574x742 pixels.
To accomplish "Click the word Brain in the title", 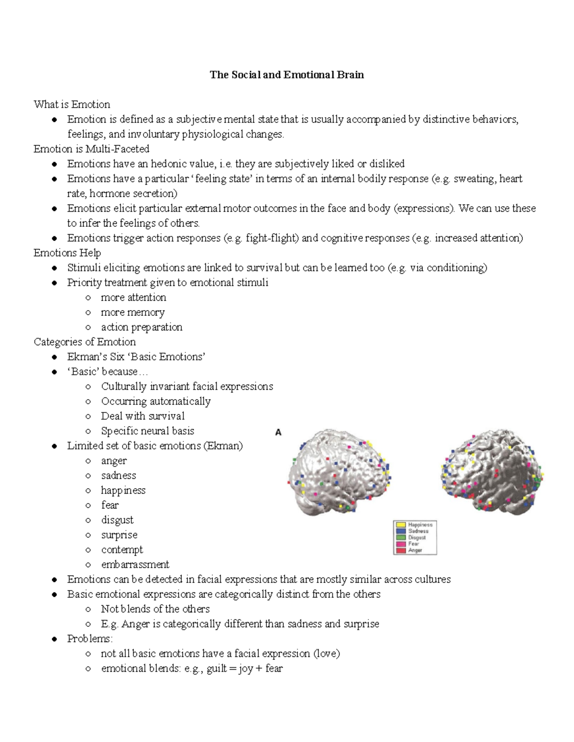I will (350, 75).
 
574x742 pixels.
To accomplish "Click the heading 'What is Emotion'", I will (72, 104).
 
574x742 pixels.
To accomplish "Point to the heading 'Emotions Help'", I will (67, 253).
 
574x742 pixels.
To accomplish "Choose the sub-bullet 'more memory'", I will (132, 312).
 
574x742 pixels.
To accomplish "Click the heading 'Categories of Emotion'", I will (85, 342).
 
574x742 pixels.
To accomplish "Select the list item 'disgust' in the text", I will (117, 520).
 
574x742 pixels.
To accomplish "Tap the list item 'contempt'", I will (122, 549).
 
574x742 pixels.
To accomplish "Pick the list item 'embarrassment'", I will (135, 564).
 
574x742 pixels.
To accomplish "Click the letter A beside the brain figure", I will (278, 432).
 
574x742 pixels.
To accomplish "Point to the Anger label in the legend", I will (415, 550).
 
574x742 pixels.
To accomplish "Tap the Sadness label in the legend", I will (418, 531).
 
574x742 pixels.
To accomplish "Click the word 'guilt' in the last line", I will (217, 668).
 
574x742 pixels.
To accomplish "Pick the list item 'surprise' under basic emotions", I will (119, 535).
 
